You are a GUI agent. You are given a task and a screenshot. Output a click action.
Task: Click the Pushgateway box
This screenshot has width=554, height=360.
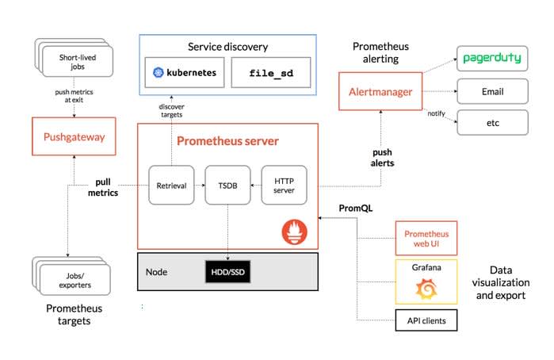click(74, 136)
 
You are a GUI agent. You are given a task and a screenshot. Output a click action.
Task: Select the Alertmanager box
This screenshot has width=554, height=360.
click(380, 92)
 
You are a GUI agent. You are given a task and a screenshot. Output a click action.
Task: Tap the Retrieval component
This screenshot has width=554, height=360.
click(171, 185)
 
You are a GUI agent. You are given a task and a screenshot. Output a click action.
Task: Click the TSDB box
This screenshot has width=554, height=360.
click(227, 185)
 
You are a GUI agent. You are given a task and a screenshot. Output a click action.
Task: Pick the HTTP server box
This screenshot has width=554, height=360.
click(284, 185)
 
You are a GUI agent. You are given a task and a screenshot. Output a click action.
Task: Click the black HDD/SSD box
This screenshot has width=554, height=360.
click(228, 272)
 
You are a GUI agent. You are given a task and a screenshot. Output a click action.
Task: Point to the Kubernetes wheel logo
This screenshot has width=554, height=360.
click(158, 72)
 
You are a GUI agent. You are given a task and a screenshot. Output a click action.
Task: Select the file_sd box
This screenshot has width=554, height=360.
click(271, 72)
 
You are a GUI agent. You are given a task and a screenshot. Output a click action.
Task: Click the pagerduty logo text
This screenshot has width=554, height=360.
click(492, 58)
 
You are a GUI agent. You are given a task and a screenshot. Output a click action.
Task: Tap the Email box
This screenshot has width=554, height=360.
click(492, 92)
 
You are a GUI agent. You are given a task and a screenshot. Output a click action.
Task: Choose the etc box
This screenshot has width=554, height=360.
click(492, 123)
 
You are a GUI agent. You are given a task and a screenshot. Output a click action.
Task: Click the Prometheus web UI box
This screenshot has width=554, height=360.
click(426, 239)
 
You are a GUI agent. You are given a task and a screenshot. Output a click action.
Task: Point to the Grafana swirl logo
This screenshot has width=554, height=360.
click(426, 289)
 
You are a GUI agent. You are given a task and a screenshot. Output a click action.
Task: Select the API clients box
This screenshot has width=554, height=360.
click(426, 320)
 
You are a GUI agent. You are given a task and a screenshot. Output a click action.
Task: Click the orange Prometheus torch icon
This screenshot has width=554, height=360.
click(294, 232)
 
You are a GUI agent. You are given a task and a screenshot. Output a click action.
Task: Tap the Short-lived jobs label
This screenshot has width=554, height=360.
click(78, 62)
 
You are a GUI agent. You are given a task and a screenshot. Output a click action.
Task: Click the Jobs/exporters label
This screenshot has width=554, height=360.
click(75, 280)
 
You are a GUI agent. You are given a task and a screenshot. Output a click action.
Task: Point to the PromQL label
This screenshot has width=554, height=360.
click(355, 208)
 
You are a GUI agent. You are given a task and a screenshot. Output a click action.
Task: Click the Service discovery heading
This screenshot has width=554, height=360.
click(228, 47)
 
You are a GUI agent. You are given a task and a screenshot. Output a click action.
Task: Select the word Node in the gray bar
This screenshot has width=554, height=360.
click(156, 272)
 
